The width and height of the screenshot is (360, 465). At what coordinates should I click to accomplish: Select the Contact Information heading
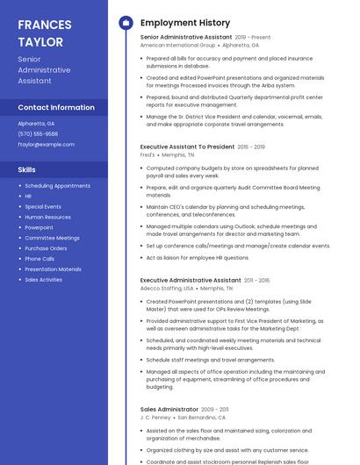point(56,107)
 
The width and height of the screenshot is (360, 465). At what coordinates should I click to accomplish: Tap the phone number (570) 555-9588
point(38,133)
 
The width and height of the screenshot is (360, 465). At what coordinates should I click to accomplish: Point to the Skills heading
point(27,169)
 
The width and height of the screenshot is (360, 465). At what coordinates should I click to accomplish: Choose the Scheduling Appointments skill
point(57,186)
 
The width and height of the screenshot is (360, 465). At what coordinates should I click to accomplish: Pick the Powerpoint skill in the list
point(39,227)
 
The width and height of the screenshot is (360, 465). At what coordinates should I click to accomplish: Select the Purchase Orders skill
point(46,248)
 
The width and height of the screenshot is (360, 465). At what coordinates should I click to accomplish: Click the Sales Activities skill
point(43,279)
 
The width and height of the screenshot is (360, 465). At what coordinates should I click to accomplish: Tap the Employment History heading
point(185,23)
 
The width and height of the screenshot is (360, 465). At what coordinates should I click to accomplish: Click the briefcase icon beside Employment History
point(126,23)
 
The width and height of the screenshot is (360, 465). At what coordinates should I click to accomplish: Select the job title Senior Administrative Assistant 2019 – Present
point(205,38)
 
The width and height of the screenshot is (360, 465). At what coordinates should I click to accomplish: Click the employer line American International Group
point(193,45)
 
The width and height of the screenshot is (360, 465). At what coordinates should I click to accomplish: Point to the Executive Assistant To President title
point(188,147)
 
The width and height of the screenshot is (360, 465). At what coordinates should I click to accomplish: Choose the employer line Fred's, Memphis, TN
point(169,154)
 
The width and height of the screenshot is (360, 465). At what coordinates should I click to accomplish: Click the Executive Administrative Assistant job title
point(191,280)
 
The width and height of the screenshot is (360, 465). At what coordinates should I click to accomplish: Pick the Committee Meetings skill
point(52,238)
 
